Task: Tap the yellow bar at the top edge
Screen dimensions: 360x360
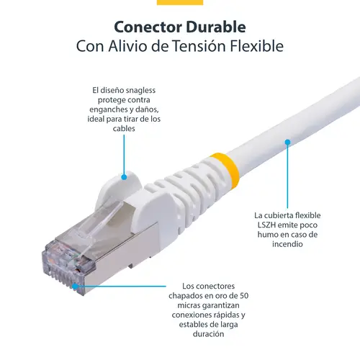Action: click(x=179, y=2)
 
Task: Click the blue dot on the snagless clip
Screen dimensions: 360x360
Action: click(x=124, y=176)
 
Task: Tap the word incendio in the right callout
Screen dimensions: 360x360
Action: click(x=287, y=244)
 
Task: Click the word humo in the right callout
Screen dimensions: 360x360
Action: click(x=267, y=235)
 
